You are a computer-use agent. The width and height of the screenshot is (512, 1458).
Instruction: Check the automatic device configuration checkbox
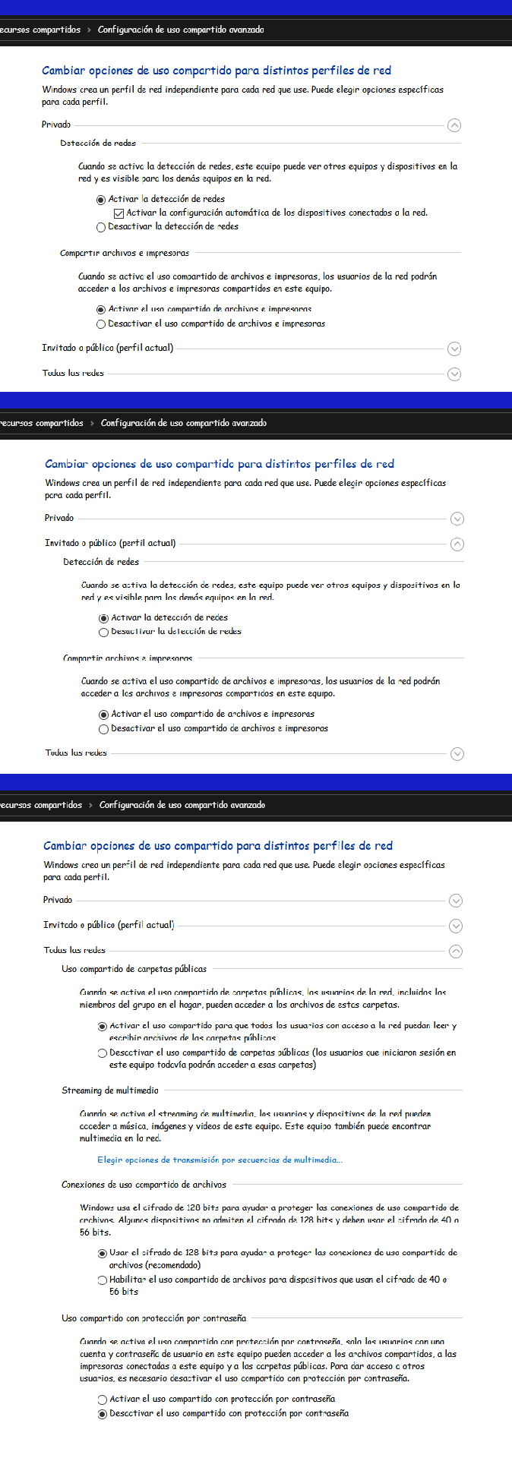119,213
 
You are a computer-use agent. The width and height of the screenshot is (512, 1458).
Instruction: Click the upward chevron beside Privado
454,125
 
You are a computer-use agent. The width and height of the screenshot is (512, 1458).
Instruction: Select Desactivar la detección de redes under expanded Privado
101,227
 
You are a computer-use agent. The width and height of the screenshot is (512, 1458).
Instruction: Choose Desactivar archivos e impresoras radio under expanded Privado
101,324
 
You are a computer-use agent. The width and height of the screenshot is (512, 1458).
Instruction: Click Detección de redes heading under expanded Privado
98,143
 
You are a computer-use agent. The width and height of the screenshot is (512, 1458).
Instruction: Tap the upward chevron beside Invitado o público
457,544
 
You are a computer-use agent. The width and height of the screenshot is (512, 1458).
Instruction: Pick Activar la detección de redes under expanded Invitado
104,618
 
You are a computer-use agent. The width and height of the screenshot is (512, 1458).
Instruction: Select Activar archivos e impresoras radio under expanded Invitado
104,715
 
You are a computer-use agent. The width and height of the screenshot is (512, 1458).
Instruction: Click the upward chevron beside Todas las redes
456,951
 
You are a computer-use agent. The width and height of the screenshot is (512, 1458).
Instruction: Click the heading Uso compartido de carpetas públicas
134,969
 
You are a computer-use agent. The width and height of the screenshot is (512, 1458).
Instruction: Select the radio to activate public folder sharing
103,1026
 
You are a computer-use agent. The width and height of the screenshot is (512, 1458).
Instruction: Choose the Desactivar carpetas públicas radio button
103,1053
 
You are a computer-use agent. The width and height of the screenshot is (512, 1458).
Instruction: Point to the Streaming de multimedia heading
110,1090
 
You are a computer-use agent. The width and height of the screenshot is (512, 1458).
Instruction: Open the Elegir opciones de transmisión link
220,1160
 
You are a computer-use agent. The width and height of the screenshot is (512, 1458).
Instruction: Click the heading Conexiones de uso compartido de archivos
144,1185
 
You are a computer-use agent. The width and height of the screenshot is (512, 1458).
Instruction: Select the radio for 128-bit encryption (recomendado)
103,1253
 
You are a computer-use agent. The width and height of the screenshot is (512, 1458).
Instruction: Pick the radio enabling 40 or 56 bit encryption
103,1280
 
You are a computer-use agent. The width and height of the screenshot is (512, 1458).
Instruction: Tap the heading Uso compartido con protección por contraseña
153,1318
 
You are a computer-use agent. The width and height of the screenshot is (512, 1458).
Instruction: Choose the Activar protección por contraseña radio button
103,1399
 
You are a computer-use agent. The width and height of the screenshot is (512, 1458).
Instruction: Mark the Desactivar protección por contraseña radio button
103,1414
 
